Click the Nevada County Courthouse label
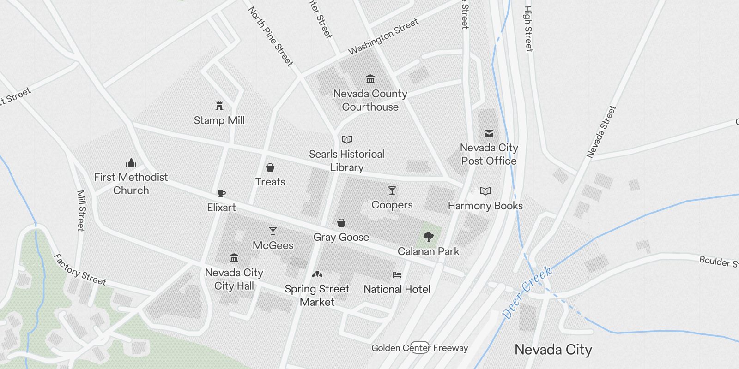tap(370, 100)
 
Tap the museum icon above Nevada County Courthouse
tap(370, 79)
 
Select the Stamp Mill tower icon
tap(219, 106)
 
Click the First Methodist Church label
tap(131, 184)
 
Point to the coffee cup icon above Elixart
tap(222, 193)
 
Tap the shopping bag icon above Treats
tap(270, 167)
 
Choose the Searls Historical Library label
tap(346, 161)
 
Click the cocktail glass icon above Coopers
tap(392, 190)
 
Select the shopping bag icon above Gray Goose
tap(341, 223)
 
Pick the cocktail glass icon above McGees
tap(273, 231)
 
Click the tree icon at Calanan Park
tap(429, 238)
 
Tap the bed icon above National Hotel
tap(397, 275)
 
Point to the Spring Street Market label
tap(317, 295)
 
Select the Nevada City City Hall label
tap(234, 279)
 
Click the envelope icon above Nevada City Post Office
tap(489, 134)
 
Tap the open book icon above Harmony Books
tap(485, 191)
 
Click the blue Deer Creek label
tap(527, 292)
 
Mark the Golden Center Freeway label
tap(420, 348)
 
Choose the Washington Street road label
tap(383, 36)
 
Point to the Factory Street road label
tap(79, 270)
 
